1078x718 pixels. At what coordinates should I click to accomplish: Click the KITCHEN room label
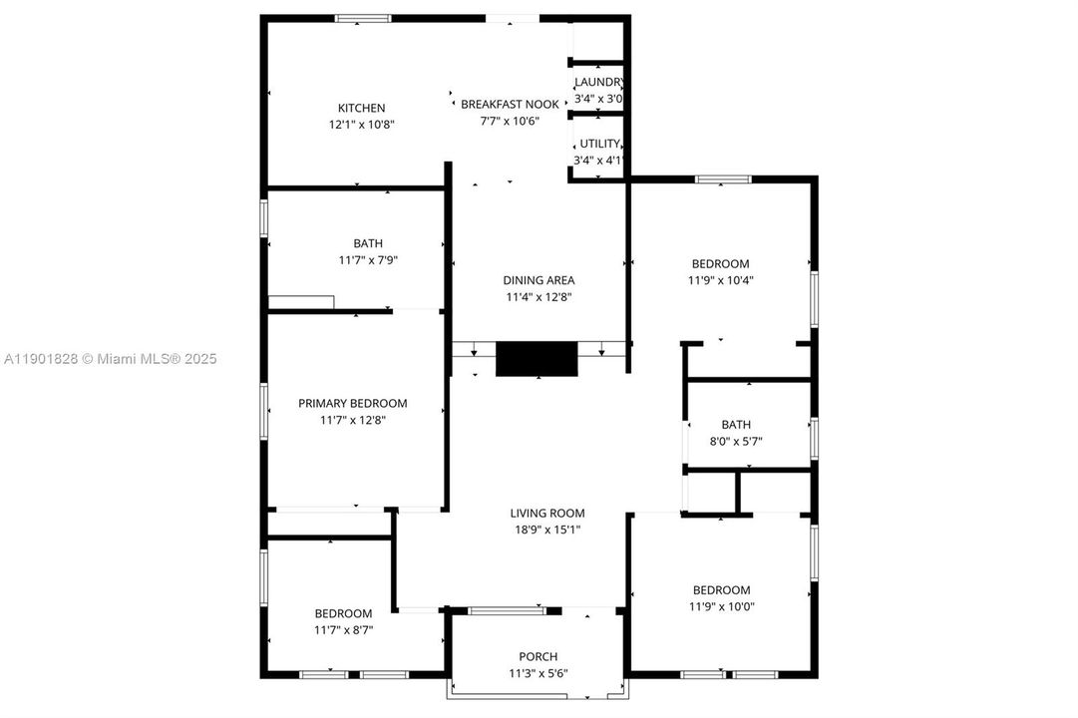(361, 108)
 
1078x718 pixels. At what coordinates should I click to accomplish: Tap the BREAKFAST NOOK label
(510, 104)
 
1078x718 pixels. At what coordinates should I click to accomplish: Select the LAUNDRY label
(598, 82)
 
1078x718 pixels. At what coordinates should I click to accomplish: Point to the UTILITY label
(600, 144)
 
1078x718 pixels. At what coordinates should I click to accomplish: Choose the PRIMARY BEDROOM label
(353, 403)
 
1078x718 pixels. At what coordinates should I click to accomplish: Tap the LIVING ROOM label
(546, 514)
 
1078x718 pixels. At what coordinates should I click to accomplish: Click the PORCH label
(539, 656)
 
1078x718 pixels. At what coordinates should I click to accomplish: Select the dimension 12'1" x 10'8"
(361, 125)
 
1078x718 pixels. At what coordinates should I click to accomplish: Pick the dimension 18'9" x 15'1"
(546, 530)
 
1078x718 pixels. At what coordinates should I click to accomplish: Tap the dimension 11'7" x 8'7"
(343, 629)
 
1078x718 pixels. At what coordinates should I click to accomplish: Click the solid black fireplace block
(538, 359)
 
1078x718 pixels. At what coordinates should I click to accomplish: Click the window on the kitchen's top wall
(363, 18)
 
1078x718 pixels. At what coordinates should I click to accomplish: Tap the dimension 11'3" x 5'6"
(539, 673)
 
